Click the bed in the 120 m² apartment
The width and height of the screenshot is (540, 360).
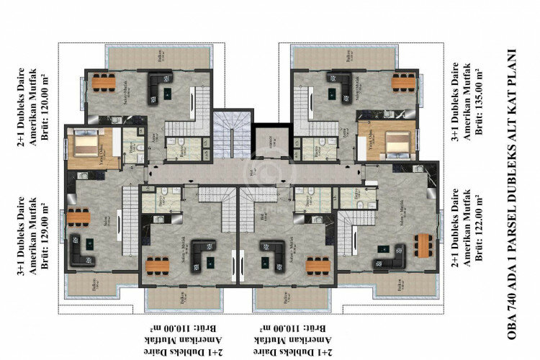click(84, 148)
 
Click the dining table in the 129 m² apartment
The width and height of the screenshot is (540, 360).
click(78, 217)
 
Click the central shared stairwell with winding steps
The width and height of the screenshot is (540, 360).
click(233, 133)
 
